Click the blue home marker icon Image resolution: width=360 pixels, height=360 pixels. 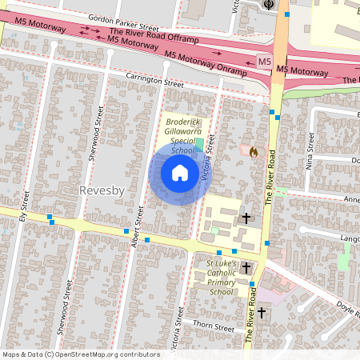point(179,173)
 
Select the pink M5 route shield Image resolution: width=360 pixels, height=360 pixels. point(265,61)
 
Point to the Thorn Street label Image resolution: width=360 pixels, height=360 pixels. point(214,328)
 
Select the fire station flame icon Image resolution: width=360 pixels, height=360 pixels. point(254,150)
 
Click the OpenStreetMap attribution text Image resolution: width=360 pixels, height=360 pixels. point(81,354)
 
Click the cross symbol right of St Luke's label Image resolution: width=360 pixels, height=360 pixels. point(247,268)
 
